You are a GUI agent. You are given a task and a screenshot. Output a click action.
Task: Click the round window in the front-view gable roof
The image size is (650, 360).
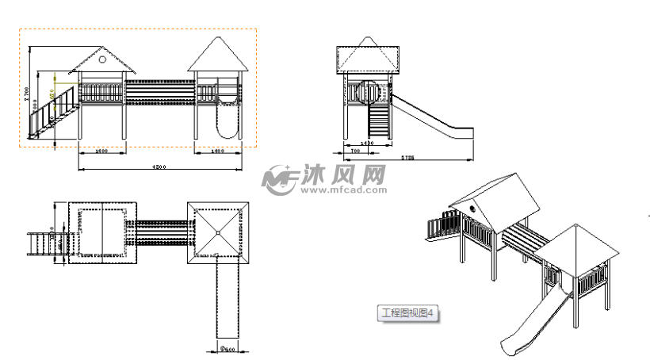pos(102,58)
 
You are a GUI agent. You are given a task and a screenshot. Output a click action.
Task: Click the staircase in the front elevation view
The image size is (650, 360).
pos(54,111)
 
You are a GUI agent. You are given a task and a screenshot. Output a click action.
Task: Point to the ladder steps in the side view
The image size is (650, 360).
pos(380,122)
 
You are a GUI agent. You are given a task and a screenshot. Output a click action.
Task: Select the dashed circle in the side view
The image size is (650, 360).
pos(366,91)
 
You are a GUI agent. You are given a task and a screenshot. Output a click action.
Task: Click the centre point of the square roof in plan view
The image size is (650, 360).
pos(218,232)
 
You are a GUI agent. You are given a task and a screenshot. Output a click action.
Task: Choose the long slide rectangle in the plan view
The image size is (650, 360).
pos(227,301)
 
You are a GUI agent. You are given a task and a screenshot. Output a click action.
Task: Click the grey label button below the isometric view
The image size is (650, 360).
pos(406,313)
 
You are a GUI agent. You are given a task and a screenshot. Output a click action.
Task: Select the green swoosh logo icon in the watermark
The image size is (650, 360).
pos(279,180)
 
